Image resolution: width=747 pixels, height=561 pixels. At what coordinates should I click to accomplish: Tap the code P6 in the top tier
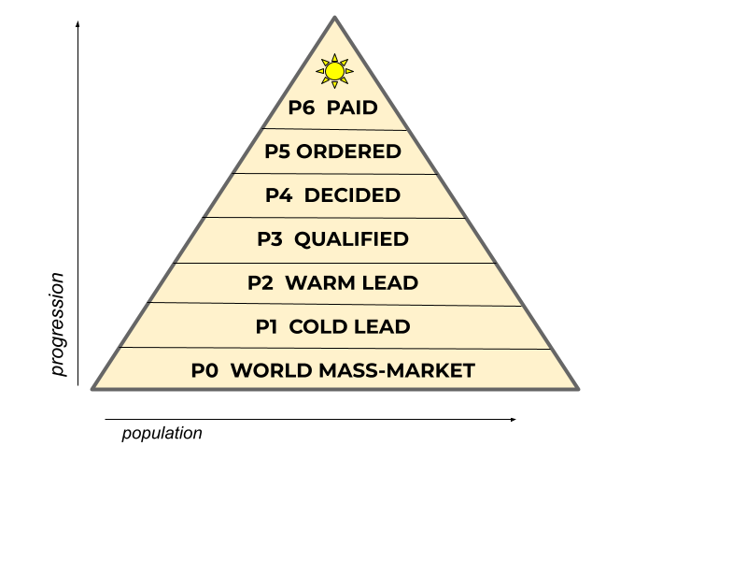[x=302, y=108]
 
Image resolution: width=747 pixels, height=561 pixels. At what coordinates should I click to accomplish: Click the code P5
[x=277, y=151]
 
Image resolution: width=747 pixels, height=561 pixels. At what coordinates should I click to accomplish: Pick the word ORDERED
[x=348, y=151]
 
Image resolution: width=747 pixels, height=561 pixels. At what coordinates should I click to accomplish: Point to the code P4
[x=279, y=195]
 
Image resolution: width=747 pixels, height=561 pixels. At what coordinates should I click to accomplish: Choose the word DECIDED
[x=352, y=195]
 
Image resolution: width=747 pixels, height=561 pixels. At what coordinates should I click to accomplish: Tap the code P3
[x=270, y=239]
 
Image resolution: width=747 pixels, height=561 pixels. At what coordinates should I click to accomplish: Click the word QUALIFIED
[x=351, y=239]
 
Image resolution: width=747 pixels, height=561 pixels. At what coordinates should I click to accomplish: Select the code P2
[x=261, y=283]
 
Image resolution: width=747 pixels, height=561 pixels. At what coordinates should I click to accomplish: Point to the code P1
[x=267, y=327]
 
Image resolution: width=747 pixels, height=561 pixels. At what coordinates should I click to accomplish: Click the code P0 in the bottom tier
[x=204, y=371]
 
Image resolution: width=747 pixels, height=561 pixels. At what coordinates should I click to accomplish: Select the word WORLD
[x=271, y=371]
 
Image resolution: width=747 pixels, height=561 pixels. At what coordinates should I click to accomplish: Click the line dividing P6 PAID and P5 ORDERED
[x=334, y=129]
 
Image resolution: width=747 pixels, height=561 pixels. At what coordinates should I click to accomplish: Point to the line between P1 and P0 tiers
[x=334, y=348]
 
